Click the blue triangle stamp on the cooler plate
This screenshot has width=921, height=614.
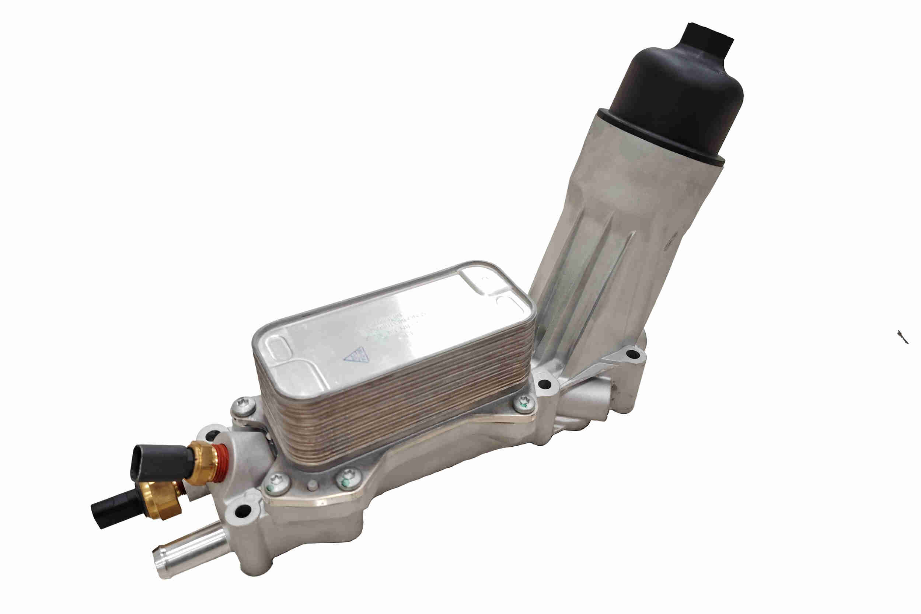(355, 356)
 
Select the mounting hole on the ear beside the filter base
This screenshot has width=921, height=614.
(631, 355)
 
